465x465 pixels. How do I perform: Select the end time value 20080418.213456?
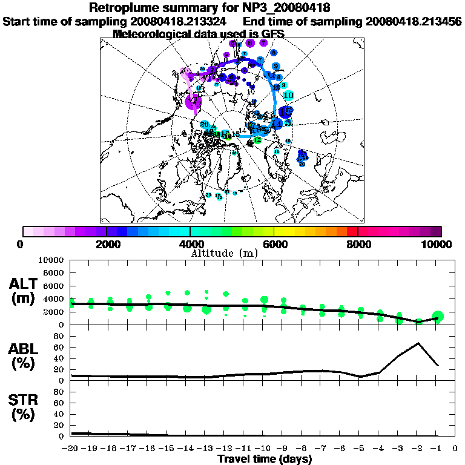(x=414, y=21)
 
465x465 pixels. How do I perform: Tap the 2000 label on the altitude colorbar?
(x=107, y=244)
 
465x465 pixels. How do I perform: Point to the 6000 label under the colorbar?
(x=274, y=244)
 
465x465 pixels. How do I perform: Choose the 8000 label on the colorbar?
(x=358, y=244)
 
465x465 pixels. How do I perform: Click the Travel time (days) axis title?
(x=265, y=459)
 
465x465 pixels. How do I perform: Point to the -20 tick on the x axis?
(x=71, y=449)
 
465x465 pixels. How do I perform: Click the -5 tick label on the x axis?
(x=360, y=449)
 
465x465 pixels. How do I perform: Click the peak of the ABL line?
(x=418, y=343)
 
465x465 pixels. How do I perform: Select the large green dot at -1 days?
(x=438, y=316)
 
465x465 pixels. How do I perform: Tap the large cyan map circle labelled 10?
(x=289, y=95)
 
